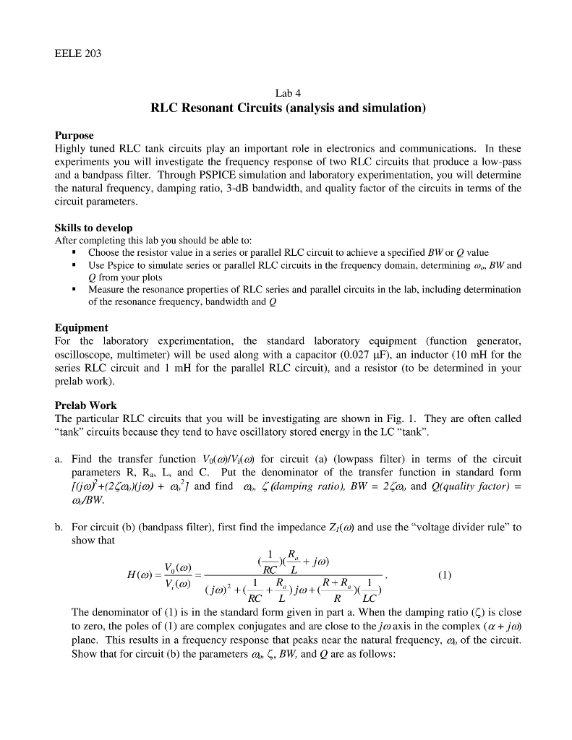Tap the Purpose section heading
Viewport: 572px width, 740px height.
point(74,135)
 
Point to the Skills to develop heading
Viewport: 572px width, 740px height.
point(93,228)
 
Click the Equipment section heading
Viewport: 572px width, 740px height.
point(82,327)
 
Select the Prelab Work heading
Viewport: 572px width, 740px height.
point(85,405)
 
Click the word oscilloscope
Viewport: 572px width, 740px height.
point(86,355)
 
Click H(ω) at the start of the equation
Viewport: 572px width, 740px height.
point(135,576)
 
